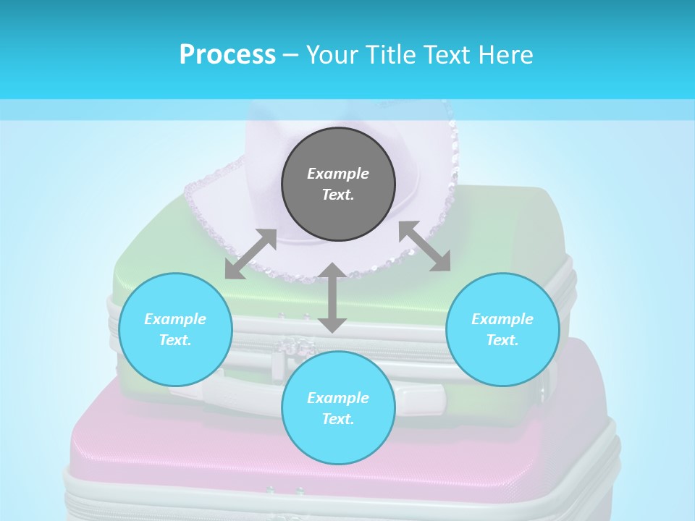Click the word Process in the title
(227, 55)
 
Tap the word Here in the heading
(505, 55)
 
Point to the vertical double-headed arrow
(332, 297)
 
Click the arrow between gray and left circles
(250, 254)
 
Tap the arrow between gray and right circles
(425, 247)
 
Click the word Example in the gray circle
(338, 174)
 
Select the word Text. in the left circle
(175, 340)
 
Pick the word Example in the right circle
(502, 319)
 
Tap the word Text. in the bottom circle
(338, 419)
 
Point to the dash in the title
(290, 55)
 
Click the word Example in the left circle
(175, 319)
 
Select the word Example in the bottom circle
(338, 398)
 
